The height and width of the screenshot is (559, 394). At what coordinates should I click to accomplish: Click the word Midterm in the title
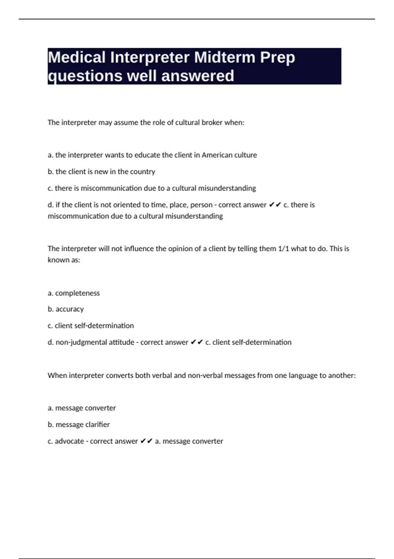(x=225, y=57)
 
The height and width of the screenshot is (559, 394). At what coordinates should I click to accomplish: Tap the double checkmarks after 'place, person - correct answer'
(x=275, y=205)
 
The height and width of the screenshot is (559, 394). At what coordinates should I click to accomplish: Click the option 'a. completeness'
(x=74, y=293)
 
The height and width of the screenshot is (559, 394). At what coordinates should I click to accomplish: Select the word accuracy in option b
(x=70, y=309)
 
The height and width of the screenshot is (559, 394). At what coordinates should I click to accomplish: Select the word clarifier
(x=97, y=425)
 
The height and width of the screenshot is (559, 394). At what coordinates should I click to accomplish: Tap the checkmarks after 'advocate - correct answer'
(x=146, y=441)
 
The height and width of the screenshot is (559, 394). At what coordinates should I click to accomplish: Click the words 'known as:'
(x=64, y=260)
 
